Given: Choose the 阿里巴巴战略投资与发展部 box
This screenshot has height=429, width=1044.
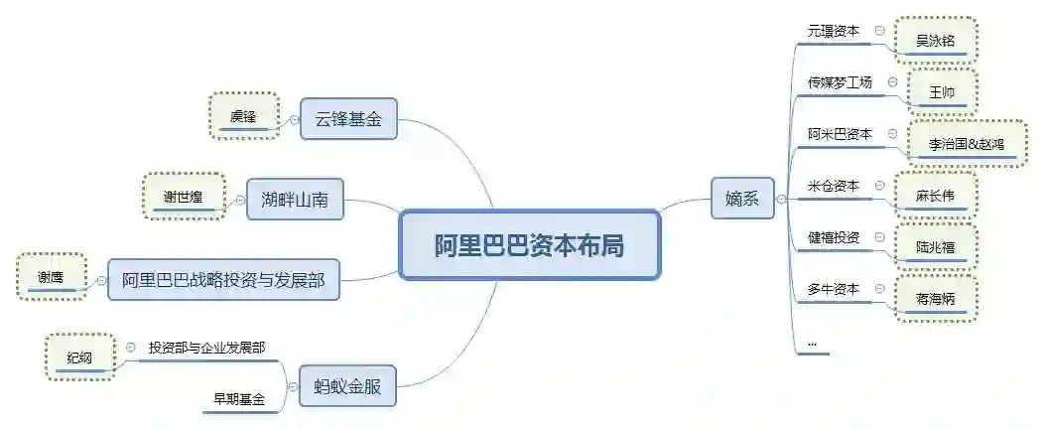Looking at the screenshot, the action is tap(229, 280).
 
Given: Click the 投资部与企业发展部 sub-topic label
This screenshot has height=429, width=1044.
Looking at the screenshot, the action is tap(206, 348).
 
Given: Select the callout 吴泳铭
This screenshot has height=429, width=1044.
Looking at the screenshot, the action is tap(935, 41).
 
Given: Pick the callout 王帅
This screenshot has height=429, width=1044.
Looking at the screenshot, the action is tap(941, 92).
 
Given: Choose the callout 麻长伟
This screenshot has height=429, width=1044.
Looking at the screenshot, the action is tap(935, 196).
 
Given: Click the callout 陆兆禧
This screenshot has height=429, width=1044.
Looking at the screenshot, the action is tap(935, 247).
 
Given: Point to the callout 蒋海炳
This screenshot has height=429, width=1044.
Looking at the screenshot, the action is tap(935, 299).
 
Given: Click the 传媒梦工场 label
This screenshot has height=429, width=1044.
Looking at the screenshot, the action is tap(840, 82).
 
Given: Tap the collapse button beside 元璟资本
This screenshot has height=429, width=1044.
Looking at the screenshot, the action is tap(879, 31).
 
